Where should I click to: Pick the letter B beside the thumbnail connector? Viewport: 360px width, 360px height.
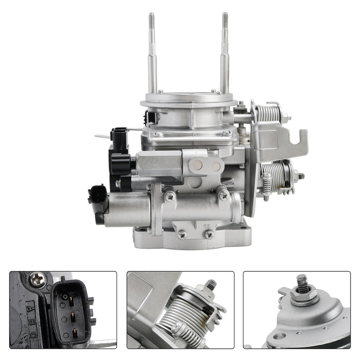(32, 320)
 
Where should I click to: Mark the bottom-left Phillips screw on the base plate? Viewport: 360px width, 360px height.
(182, 234)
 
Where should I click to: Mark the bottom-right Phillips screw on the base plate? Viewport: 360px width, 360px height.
(208, 234)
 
